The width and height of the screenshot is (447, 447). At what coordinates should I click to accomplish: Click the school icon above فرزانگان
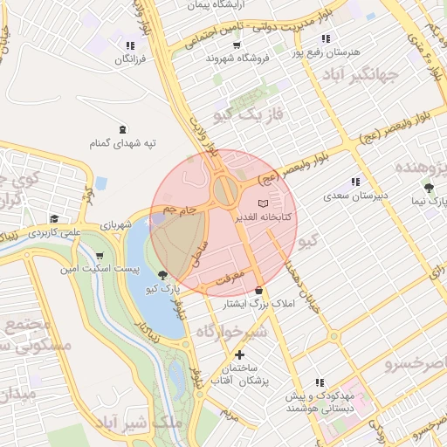130,45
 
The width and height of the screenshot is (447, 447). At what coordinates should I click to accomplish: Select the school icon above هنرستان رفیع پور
326,38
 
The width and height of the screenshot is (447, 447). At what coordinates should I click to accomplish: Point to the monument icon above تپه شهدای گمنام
120,128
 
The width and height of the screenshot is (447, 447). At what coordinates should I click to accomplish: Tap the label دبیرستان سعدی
354,196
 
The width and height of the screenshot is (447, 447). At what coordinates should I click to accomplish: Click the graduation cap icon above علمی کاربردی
54,219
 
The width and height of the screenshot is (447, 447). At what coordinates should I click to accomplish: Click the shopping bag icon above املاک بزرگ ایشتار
258,290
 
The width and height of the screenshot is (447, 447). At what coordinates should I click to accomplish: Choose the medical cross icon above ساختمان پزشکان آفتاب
240,356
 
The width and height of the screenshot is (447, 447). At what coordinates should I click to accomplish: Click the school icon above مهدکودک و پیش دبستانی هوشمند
320,382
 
